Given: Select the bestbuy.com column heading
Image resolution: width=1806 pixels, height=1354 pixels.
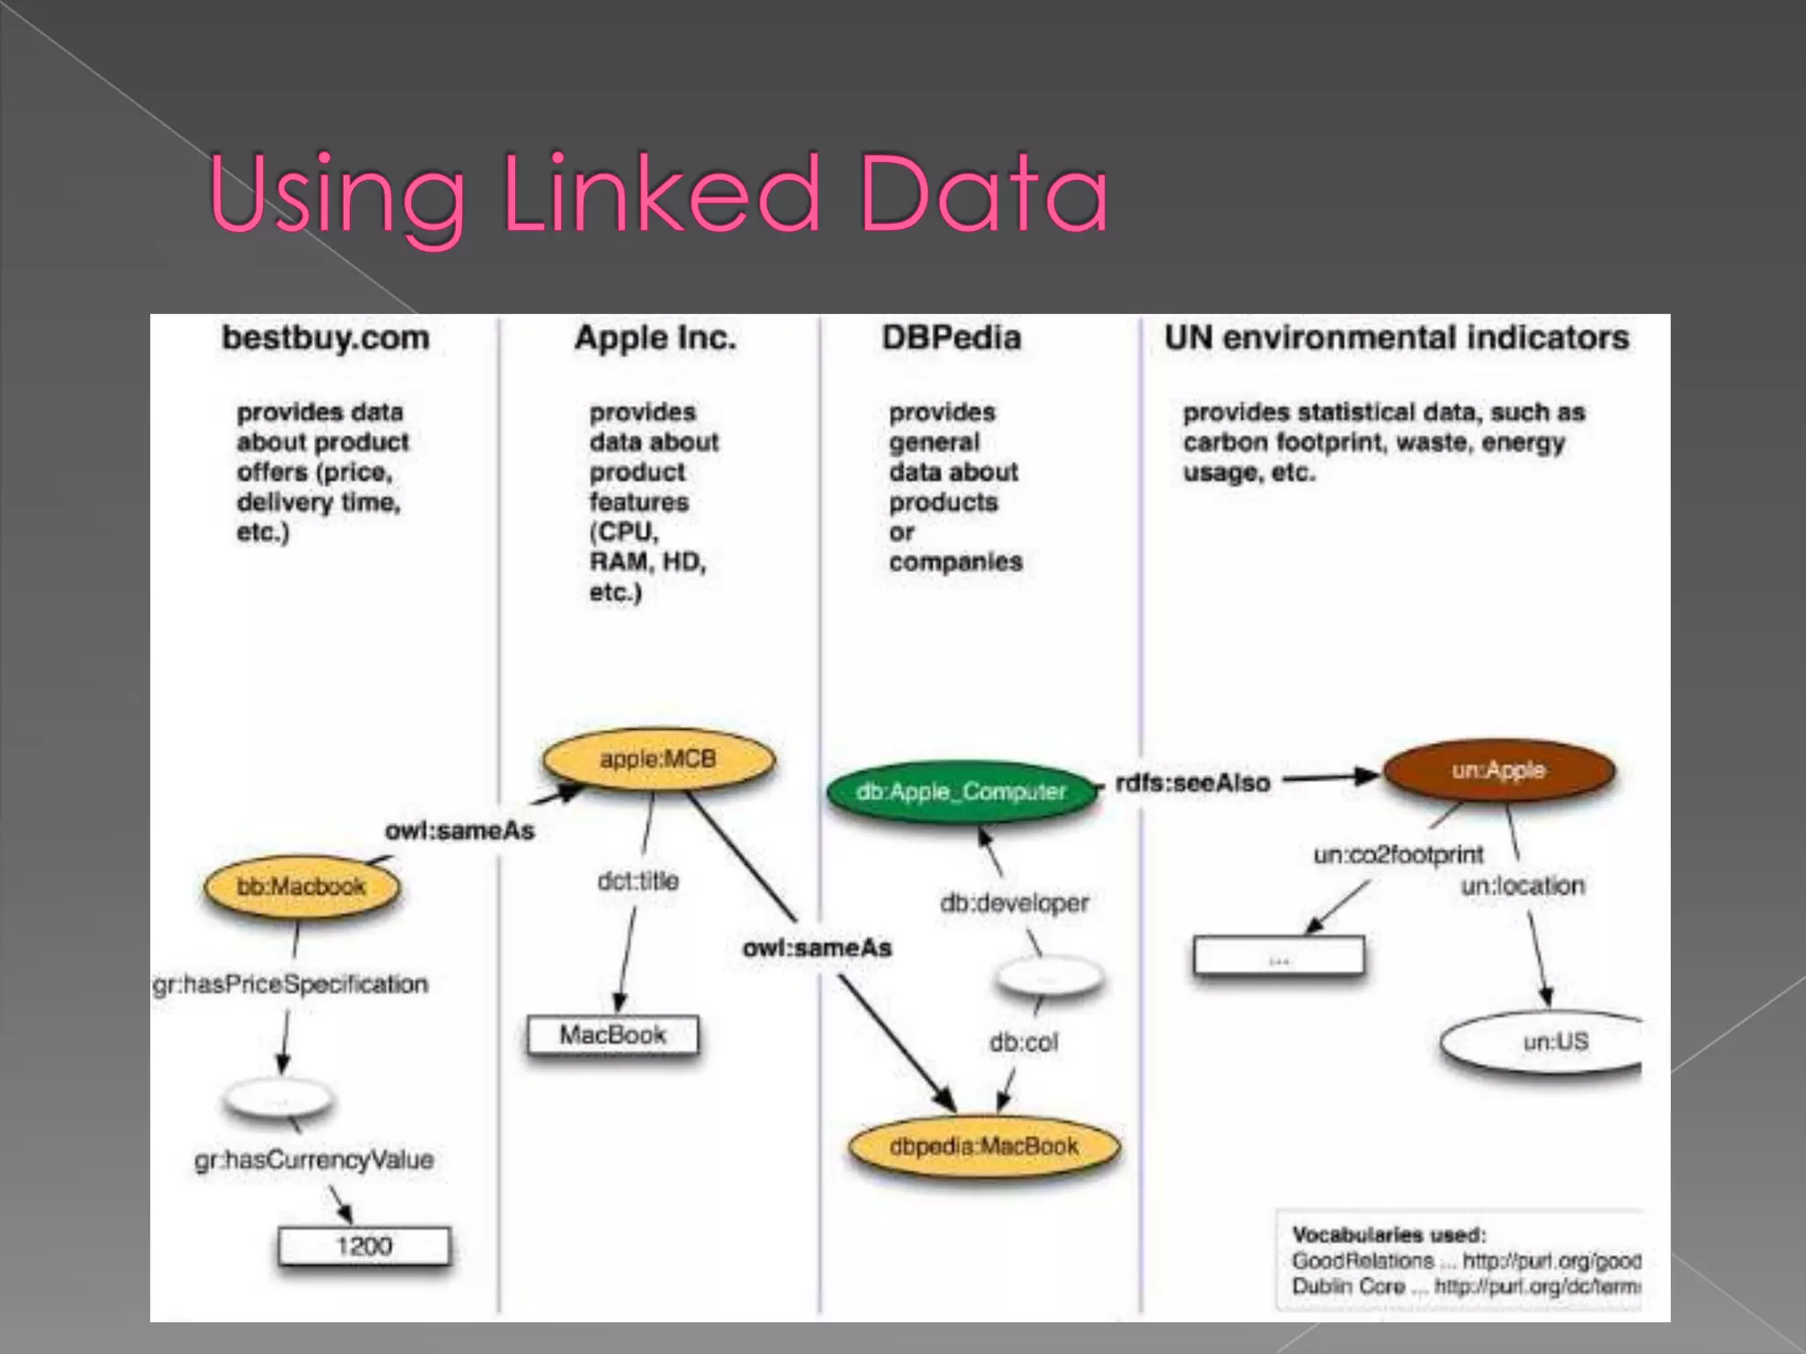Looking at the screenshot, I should tap(325, 338).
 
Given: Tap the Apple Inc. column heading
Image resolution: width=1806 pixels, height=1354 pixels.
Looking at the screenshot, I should tap(655, 338).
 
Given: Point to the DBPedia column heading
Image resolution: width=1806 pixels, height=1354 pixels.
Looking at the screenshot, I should tap(952, 338).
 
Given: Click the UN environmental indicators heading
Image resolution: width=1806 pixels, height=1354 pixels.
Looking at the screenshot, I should tap(1396, 338).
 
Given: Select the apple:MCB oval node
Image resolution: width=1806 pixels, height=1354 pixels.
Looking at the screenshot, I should tap(658, 759).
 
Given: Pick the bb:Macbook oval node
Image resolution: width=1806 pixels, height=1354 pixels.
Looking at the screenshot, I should tap(301, 886).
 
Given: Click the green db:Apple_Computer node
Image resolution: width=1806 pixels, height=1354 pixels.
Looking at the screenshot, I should tap(961, 792).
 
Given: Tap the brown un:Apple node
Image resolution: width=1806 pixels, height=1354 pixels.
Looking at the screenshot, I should tap(1498, 770).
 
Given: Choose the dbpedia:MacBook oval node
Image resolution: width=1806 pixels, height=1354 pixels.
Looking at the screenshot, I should tap(983, 1146).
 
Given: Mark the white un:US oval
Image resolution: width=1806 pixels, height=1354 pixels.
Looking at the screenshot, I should tap(1554, 1042).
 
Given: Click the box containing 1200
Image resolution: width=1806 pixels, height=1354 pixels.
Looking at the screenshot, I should tap(364, 1246).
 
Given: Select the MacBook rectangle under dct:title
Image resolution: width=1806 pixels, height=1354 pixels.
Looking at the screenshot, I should tap(613, 1035).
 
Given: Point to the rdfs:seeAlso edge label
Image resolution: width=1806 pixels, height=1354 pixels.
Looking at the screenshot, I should tap(1192, 783).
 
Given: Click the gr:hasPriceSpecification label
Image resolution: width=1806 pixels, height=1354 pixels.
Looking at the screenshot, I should tap(290, 984).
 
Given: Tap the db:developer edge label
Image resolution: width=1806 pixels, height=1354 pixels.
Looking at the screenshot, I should tap(1014, 903).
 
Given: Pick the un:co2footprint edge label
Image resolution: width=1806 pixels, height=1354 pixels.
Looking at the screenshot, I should tap(1398, 854).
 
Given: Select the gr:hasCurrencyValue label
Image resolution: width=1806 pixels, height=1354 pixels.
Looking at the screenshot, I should tap(314, 1159).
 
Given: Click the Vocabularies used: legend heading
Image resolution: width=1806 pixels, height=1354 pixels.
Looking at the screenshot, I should tap(1389, 1234).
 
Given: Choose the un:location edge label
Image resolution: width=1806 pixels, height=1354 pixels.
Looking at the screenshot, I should tap(1522, 886).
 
